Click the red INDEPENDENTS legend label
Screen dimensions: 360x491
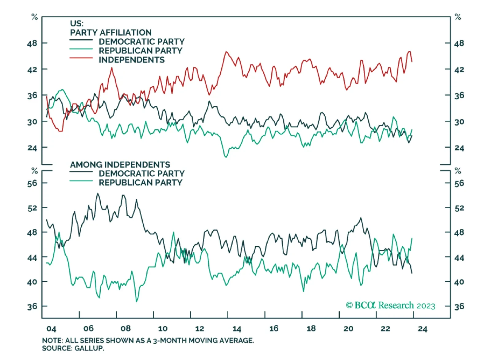(131, 60)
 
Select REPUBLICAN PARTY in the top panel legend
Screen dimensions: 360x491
(140, 50)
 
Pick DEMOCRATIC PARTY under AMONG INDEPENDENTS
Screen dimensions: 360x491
(141, 173)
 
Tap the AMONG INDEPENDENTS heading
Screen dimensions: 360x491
(120, 164)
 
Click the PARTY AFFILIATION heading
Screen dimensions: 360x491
(111, 32)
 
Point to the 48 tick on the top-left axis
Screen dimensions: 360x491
(32, 43)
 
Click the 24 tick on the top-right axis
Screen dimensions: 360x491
(459, 148)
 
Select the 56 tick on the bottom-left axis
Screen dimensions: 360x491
(32, 183)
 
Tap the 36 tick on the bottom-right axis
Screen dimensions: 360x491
(459, 306)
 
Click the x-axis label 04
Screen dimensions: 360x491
(51, 329)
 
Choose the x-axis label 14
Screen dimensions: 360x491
(237, 329)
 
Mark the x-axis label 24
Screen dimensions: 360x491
(423, 329)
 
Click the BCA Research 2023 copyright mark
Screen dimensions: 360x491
(390, 305)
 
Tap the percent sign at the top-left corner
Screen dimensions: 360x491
(34, 17)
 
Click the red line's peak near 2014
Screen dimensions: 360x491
(226, 52)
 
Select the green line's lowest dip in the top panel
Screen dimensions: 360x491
(226, 157)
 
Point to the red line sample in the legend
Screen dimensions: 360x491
(81, 58)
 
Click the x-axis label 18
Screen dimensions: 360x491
(311, 329)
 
